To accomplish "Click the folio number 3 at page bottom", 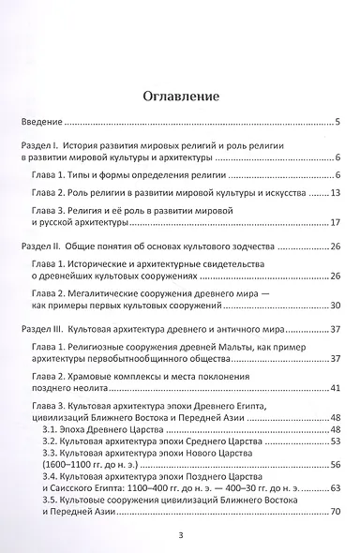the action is pos(179,536).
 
